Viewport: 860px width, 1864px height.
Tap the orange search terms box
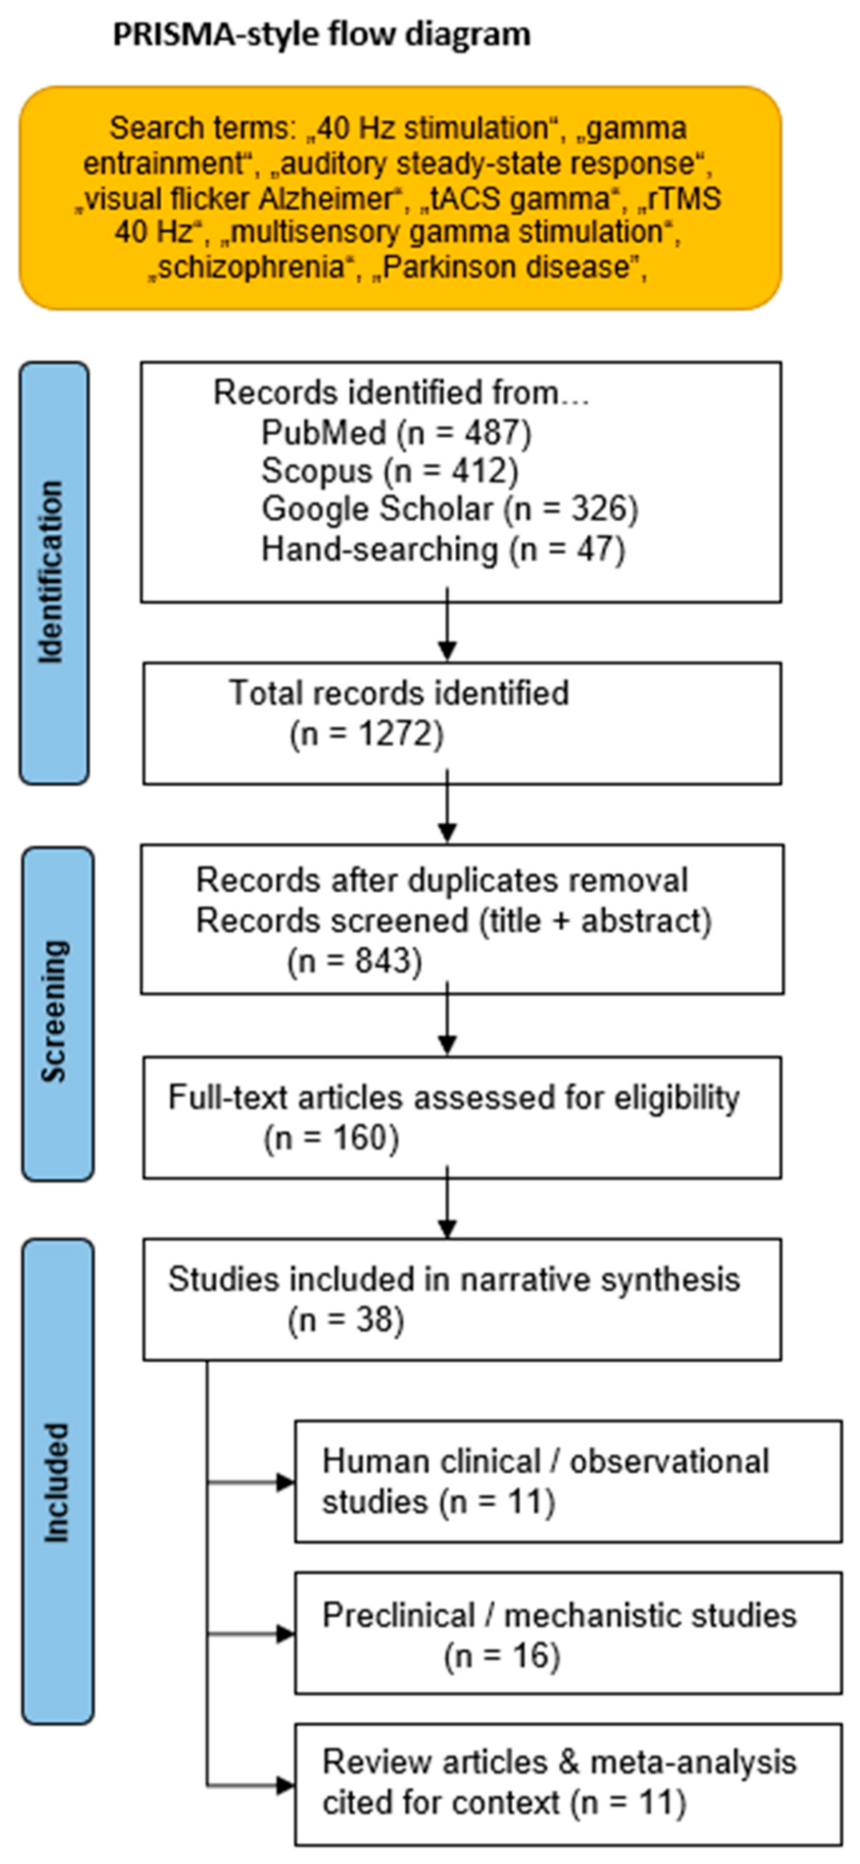pos(400,197)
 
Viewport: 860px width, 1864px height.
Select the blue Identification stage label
pos(55,573)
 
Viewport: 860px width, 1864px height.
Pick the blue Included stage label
pos(57,1481)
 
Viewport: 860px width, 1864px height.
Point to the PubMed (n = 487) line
pos(396,432)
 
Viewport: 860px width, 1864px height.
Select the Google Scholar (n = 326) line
pos(450,509)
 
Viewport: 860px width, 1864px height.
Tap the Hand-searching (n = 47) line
pos(443,549)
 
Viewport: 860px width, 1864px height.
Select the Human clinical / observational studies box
pos(568,1481)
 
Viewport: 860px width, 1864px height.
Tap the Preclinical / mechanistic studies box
pos(568,1633)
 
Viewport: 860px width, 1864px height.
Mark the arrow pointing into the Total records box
pos(447,624)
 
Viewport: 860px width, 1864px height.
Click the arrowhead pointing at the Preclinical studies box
pos(286,1634)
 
